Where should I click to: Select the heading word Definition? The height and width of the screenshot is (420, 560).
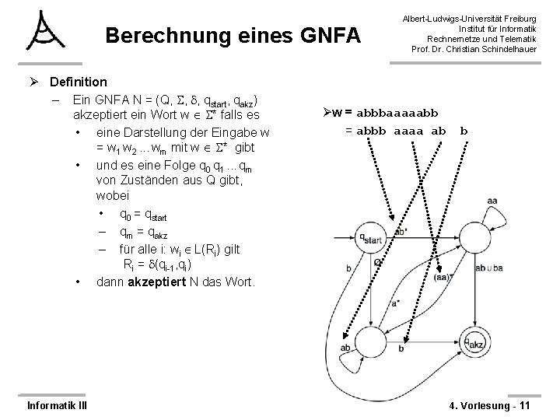(x=78, y=82)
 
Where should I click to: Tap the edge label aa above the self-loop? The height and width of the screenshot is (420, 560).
(x=492, y=201)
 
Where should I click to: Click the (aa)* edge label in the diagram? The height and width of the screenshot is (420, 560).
(x=443, y=277)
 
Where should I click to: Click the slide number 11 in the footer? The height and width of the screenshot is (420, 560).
(x=523, y=404)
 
